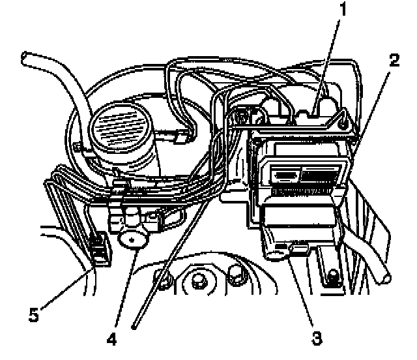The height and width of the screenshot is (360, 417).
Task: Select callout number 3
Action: pos(316,338)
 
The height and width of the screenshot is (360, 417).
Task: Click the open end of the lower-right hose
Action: pos(386,277)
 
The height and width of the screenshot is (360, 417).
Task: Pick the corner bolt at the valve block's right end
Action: pos(343,119)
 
